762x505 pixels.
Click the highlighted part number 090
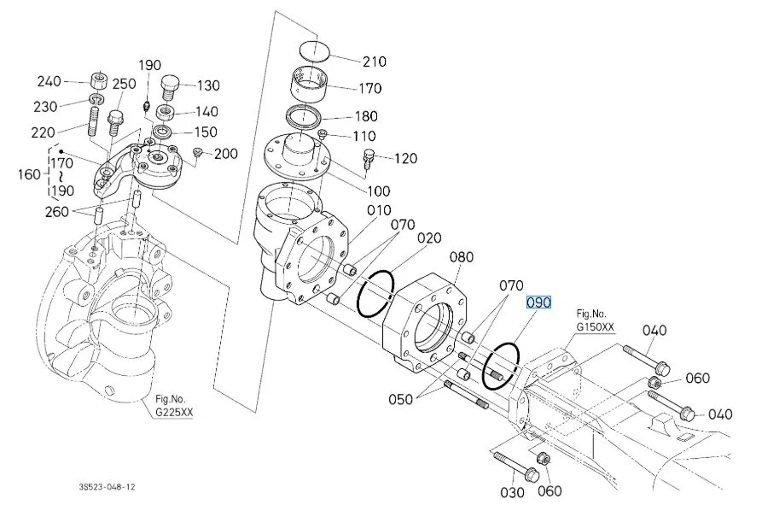[539, 302]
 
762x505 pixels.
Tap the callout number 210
[375, 62]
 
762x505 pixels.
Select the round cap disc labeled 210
[314, 50]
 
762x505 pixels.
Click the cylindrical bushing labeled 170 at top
[309, 85]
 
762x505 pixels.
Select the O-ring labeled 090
[501, 366]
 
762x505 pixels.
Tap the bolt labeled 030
[515, 466]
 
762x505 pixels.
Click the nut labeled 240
[99, 80]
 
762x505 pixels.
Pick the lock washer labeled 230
[96, 100]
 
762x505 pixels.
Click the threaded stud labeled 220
[94, 121]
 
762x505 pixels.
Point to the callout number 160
[29, 173]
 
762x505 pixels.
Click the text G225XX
[174, 413]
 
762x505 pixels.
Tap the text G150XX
[596, 326]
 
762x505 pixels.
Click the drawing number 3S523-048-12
[108, 486]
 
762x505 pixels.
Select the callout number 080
[461, 256]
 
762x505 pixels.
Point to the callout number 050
[400, 399]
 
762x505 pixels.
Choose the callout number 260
[57, 212]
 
